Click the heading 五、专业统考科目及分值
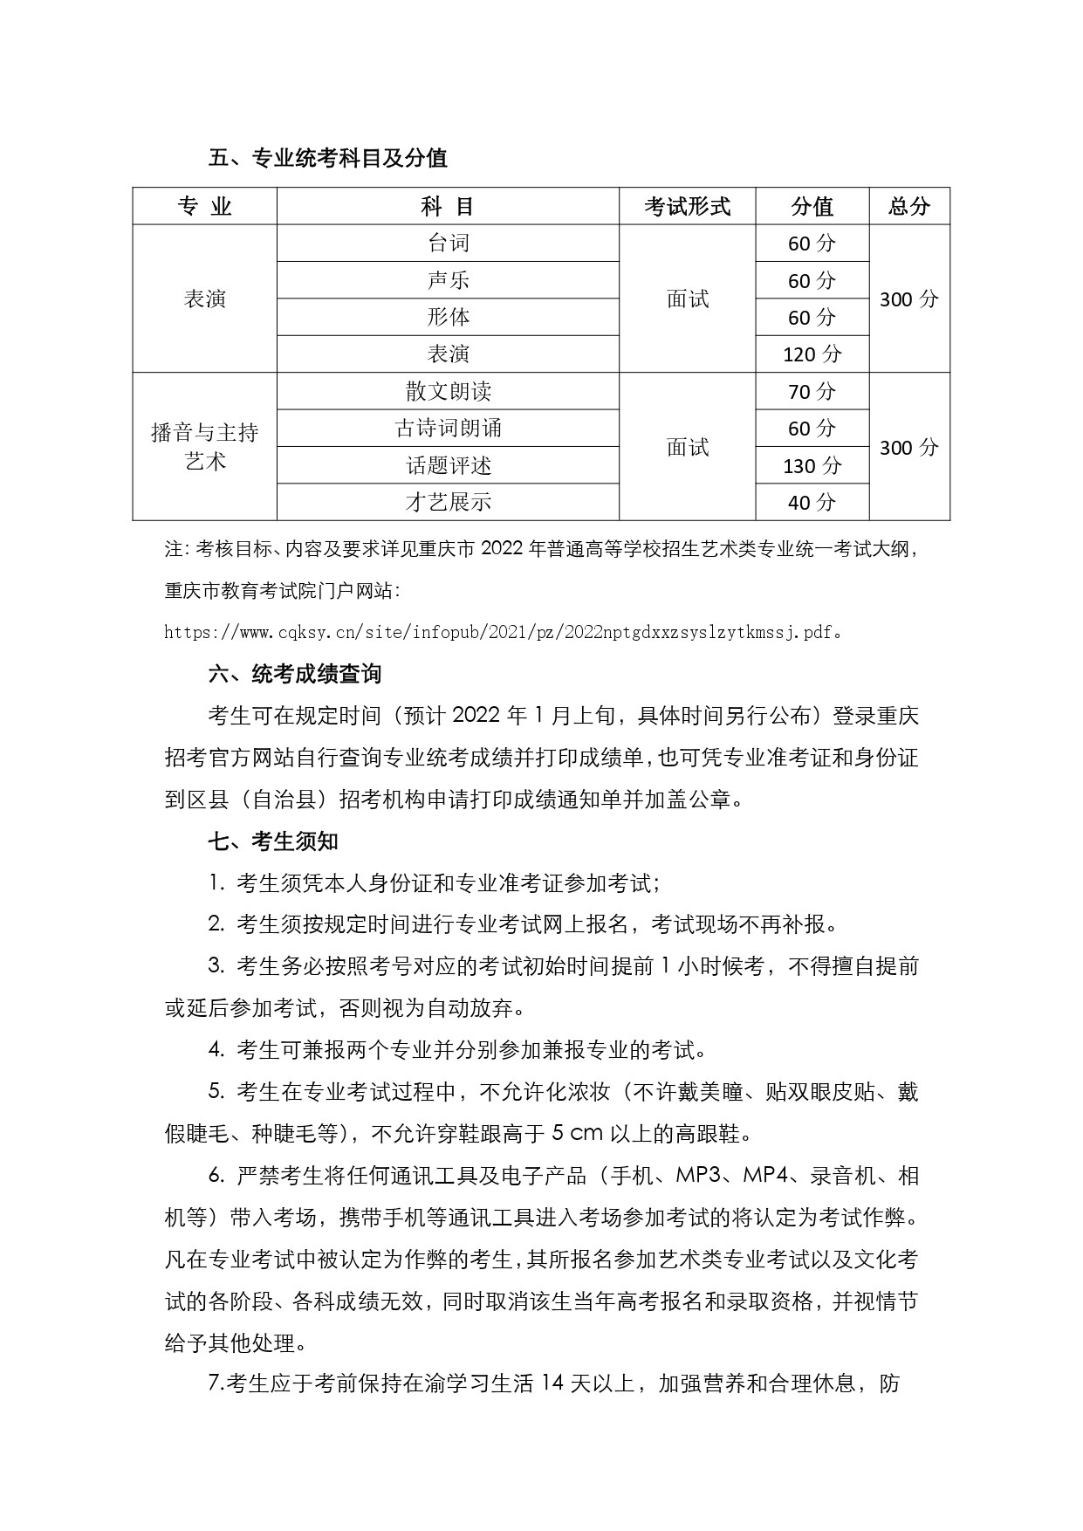(x=328, y=158)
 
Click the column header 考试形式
(x=687, y=207)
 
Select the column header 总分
(x=908, y=207)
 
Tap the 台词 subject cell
(x=448, y=244)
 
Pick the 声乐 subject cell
(x=448, y=280)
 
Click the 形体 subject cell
(x=448, y=317)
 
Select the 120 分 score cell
(x=812, y=354)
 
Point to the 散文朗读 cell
(x=448, y=391)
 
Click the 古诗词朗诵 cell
(x=448, y=429)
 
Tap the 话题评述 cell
(x=448, y=465)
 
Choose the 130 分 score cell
(x=812, y=465)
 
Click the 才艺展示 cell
(x=448, y=502)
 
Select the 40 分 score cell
(x=812, y=502)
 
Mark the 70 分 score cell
(x=812, y=391)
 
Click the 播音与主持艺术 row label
(x=205, y=446)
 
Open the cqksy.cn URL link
(x=498, y=631)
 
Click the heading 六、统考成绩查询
(x=295, y=674)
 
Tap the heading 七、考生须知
(x=273, y=841)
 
